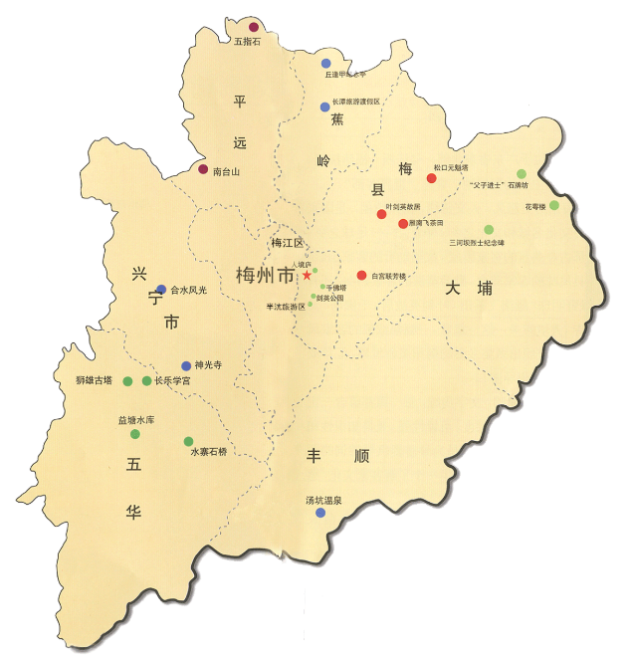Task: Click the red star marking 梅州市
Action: click(x=307, y=275)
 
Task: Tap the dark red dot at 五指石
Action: click(x=254, y=27)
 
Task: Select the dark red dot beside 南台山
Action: click(x=203, y=169)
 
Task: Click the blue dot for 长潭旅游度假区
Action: click(x=324, y=107)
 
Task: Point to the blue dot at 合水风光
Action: click(x=161, y=290)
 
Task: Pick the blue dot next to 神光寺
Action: click(x=185, y=365)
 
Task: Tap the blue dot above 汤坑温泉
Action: click(x=320, y=513)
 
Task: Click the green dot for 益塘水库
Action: click(x=135, y=434)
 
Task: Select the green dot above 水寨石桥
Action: click(x=188, y=441)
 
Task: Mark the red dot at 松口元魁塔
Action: click(x=432, y=178)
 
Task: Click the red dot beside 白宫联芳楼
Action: click(x=361, y=276)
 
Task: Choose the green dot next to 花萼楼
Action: click(x=554, y=206)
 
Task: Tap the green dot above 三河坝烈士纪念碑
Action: click(x=489, y=229)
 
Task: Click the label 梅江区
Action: click(x=286, y=242)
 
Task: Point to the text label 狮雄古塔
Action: click(x=94, y=380)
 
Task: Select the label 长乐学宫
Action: click(x=172, y=380)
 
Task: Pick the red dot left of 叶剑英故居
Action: click(x=381, y=214)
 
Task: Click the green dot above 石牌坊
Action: click(x=522, y=174)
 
